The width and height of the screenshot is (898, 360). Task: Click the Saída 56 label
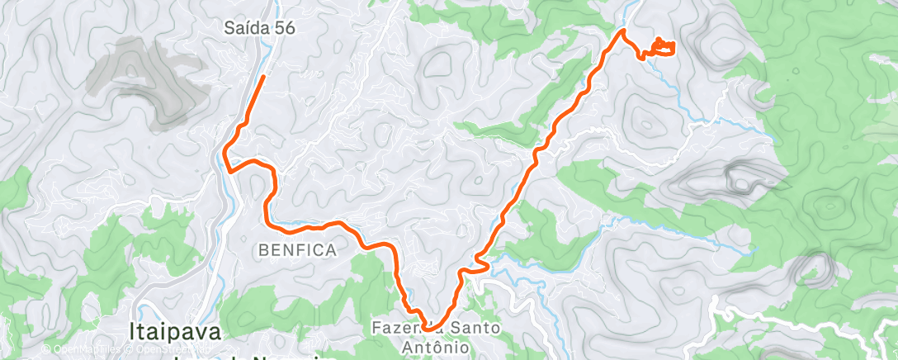pyautogui.click(x=259, y=28)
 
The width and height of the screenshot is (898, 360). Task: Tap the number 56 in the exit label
pyautogui.click(x=285, y=28)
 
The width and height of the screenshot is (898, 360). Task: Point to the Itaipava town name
pyautogui.click(x=176, y=333)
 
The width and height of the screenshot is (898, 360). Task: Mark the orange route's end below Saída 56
pyautogui.click(x=263, y=77)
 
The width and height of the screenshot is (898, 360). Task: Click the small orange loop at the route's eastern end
pyautogui.click(x=663, y=46)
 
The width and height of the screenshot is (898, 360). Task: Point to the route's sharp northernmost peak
pyautogui.click(x=623, y=31)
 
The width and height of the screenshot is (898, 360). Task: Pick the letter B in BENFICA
pyautogui.click(x=262, y=249)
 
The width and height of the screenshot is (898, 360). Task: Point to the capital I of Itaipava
pyautogui.click(x=132, y=333)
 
